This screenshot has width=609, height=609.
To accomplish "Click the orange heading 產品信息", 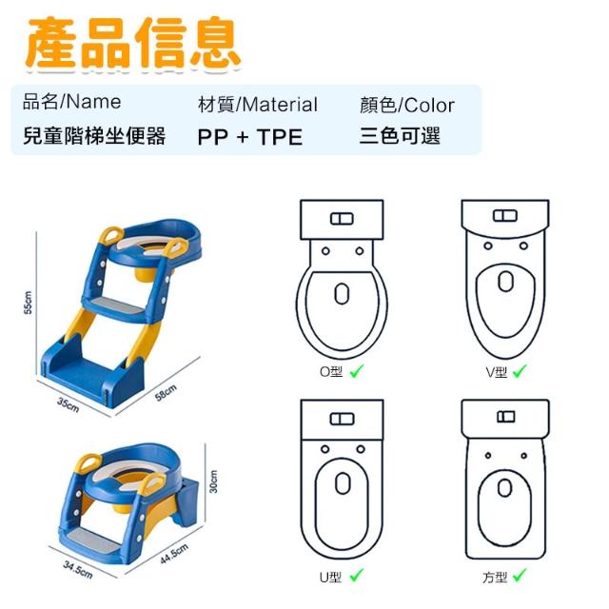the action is point(133,44).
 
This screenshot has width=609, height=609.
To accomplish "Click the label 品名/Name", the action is point(72,102).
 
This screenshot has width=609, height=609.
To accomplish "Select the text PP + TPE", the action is point(249,137).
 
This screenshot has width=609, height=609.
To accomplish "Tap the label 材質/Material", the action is point(258,105).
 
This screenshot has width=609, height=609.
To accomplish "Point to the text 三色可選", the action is point(400,136).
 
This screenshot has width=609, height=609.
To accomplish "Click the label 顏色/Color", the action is point(406,105).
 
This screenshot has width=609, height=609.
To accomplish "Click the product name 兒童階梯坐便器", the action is point(94,136).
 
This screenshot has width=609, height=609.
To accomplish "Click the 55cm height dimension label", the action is point(28,303).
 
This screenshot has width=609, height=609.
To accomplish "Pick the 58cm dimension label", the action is point(166,392).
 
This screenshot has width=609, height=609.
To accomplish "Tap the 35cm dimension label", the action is point(69,404).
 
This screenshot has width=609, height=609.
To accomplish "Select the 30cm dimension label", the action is point(213,481).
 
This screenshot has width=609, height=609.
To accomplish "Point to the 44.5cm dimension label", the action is point(174,554).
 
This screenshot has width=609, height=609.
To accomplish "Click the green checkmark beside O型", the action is point(357,371).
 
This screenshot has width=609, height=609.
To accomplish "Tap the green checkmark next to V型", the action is point(520,371).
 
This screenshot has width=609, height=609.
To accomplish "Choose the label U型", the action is point(330,578).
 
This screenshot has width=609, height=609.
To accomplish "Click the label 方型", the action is point(495,578).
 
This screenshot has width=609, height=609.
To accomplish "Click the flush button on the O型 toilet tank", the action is point(342,219).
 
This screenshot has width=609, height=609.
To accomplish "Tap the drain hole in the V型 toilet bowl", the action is point(505,282).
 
